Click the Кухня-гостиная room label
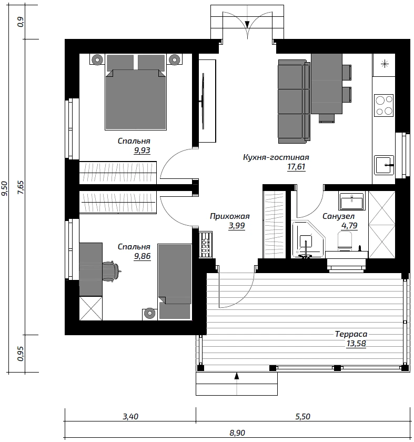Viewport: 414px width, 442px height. pos(276,157)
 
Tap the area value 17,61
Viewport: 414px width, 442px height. pos(296,167)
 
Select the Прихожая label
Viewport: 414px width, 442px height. pos(230,216)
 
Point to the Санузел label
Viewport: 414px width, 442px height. pos(338,216)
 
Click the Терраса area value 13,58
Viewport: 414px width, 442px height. pos(356,344)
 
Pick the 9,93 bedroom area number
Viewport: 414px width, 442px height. pos(142,150)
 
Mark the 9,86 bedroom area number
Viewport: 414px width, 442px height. pos(143,256)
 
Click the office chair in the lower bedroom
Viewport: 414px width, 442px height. pos(112,271)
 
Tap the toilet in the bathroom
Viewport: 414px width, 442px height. pos(345,242)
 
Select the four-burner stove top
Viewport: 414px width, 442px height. pos(383,105)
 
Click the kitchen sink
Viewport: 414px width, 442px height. pos(384,165)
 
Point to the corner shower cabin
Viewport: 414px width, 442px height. pos(308,239)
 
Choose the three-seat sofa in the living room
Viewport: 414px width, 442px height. pos(294,102)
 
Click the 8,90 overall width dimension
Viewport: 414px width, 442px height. pos(237,433)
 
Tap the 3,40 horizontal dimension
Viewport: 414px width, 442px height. pos(130,416)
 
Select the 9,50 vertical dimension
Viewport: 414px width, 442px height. pos(5,188)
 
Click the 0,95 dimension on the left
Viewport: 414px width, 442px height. pos(21,354)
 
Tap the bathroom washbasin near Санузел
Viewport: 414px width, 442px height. pos(352,200)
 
